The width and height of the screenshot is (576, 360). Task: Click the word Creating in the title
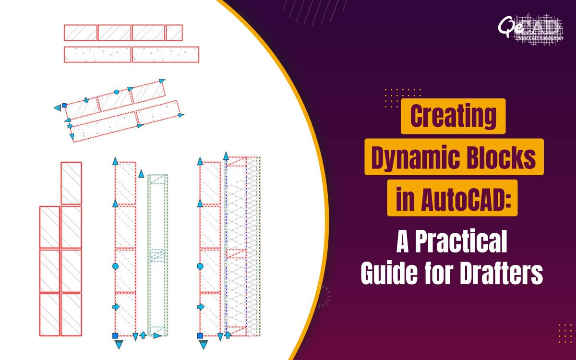pos(453,116)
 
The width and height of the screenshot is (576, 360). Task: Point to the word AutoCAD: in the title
pos(463,198)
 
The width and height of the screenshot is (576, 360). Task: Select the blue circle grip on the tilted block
pos(116,91)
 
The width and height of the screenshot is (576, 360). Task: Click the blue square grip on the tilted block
pos(64,104)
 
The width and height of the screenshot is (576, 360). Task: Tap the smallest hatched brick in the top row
pos(174,33)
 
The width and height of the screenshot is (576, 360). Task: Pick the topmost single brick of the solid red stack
pos(71,183)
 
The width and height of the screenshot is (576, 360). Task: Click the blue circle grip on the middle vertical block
pos(115,265)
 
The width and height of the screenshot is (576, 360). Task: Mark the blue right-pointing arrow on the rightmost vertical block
pos(200,306)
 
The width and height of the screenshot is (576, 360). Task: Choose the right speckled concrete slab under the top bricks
pos(165,54)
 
